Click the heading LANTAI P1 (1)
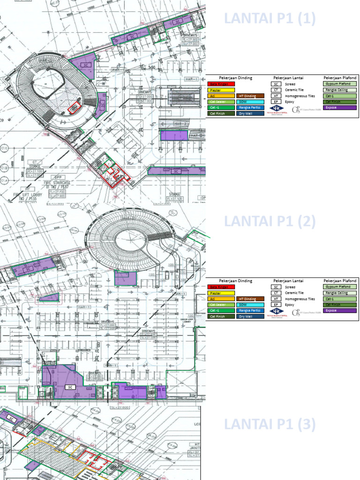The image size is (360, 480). pos(270,19)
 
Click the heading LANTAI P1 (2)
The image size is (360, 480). pos(270,221)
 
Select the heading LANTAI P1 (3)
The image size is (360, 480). pos(270,425)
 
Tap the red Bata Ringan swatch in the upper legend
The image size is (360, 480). pos(220,84)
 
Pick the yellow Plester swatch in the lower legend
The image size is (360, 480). pos(220,292)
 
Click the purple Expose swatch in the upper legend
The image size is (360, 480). pos(340,107)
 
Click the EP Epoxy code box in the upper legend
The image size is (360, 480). pos(277,101)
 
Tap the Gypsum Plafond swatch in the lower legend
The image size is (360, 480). pos(340,286)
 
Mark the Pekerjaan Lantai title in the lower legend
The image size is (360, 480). pos(286,281)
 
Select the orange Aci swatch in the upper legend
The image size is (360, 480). pos(220,96)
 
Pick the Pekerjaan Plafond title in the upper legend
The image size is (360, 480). pos(340,77)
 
